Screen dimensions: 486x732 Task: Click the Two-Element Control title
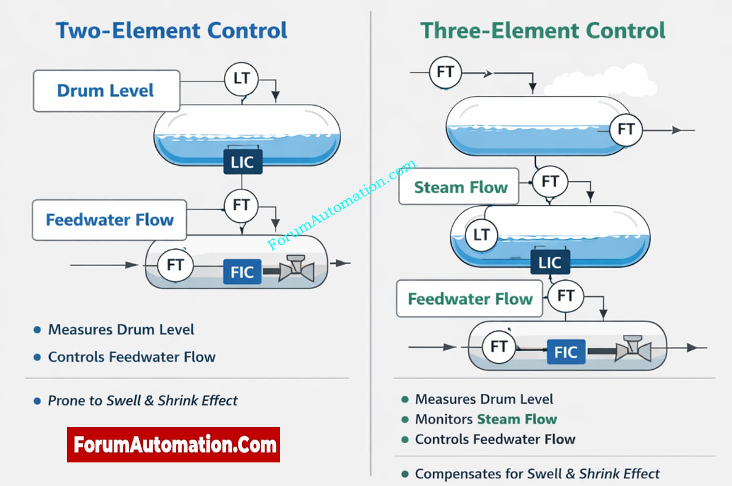[171, 31]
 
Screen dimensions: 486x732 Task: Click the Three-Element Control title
[543, 31]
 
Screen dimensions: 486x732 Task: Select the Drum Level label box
[107, 91]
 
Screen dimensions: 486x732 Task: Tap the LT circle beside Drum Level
[241, 79]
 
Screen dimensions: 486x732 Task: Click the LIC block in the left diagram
[242, 162]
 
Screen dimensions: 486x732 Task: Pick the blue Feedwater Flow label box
[109, 220]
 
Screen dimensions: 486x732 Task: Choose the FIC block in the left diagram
[242, 272]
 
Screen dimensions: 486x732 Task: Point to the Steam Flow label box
[459, 187]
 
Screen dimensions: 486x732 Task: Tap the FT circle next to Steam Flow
[550, 182]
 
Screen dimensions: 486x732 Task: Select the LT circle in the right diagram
[481, 235]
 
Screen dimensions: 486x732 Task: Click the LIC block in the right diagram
[550, 262]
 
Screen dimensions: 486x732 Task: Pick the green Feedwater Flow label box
[470, 299]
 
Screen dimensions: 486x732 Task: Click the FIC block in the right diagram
[566, 352]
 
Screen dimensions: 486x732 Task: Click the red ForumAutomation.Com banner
[174, 445]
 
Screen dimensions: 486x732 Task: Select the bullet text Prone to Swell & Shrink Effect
[142, 401]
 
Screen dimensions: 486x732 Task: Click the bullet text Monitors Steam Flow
[486, 419]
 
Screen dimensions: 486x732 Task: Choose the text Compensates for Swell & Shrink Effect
[537, 474]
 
